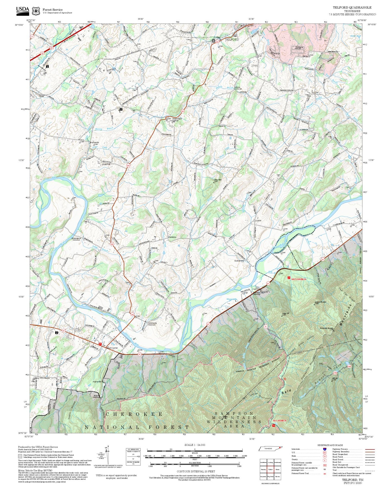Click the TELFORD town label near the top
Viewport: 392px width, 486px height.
point(232,40)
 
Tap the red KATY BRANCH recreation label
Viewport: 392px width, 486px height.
point(299,279)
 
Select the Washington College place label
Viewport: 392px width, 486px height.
point(177,119)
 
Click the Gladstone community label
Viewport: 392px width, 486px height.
point(172,237)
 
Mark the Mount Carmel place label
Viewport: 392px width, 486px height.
point(112,348)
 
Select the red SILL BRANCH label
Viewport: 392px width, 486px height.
point(279,420)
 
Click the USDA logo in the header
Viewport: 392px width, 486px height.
point(23,10)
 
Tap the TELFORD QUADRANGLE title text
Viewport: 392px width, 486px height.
point(352,8)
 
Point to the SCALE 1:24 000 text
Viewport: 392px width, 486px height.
point(195,445)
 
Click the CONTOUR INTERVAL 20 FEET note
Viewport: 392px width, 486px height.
point(195,471)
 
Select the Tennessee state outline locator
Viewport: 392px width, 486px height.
point(270,449)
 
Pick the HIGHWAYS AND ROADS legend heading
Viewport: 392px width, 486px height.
point(330,445)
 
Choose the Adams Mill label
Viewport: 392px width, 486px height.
point(97,381)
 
